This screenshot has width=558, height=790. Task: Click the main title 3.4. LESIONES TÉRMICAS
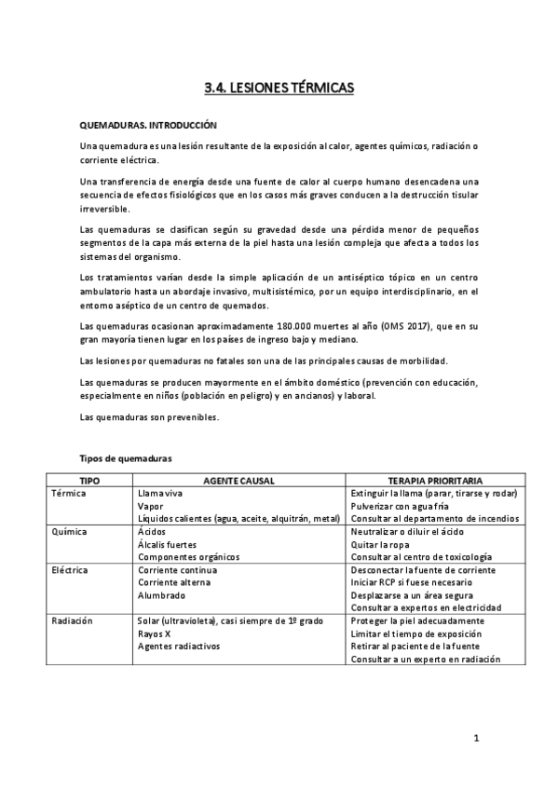[x=279, y=89]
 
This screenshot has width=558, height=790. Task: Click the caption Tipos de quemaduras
[x=126, y=458]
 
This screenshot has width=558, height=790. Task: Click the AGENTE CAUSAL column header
[x=237, y=480]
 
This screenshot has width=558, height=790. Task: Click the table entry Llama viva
[x=159, y=493]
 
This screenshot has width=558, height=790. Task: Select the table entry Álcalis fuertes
[x=167, y=544]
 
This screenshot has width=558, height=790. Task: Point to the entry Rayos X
[x=155, y=633]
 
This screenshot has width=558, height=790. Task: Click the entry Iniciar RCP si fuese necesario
[x=413, y=582]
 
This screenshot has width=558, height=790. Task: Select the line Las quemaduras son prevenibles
[x=150, y=416]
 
